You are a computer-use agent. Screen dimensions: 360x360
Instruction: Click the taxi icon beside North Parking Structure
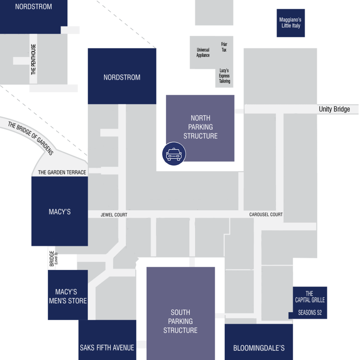tap(174, 154)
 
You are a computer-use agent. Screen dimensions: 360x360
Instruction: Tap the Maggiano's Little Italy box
tap(291, 23)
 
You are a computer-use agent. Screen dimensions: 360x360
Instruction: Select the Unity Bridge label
tap(334, 109)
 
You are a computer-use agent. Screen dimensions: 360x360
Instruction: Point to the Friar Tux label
tap(224, 47)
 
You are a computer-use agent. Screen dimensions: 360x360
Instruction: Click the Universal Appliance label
tap(203, 52)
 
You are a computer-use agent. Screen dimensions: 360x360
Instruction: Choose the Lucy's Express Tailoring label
tap(224, 76)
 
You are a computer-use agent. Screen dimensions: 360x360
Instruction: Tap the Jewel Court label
tap(114, 215)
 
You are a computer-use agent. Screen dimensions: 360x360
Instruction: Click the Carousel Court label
tap(266, 214)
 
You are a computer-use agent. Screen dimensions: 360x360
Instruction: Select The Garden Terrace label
tap(62, 172)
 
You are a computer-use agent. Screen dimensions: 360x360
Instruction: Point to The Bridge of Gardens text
tap(31, 138)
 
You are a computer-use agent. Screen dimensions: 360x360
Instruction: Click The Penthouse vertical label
tap(33, 59)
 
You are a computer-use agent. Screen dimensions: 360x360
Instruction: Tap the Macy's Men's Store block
tap(68, 295)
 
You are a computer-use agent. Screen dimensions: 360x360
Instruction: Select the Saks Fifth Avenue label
tap(107, 348)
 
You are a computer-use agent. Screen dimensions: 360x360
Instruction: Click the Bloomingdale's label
tap(259, 348)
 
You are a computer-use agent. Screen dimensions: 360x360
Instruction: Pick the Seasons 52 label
tap(310, 313)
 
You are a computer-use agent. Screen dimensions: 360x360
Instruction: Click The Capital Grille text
tap(310, 297)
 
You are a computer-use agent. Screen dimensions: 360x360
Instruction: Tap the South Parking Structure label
tap(180, 321)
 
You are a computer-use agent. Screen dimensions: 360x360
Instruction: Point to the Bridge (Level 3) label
tap(53, 258)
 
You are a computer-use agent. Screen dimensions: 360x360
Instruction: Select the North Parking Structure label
tap(200, 127)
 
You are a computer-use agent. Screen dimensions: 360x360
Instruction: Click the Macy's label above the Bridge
tap(60, 212)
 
